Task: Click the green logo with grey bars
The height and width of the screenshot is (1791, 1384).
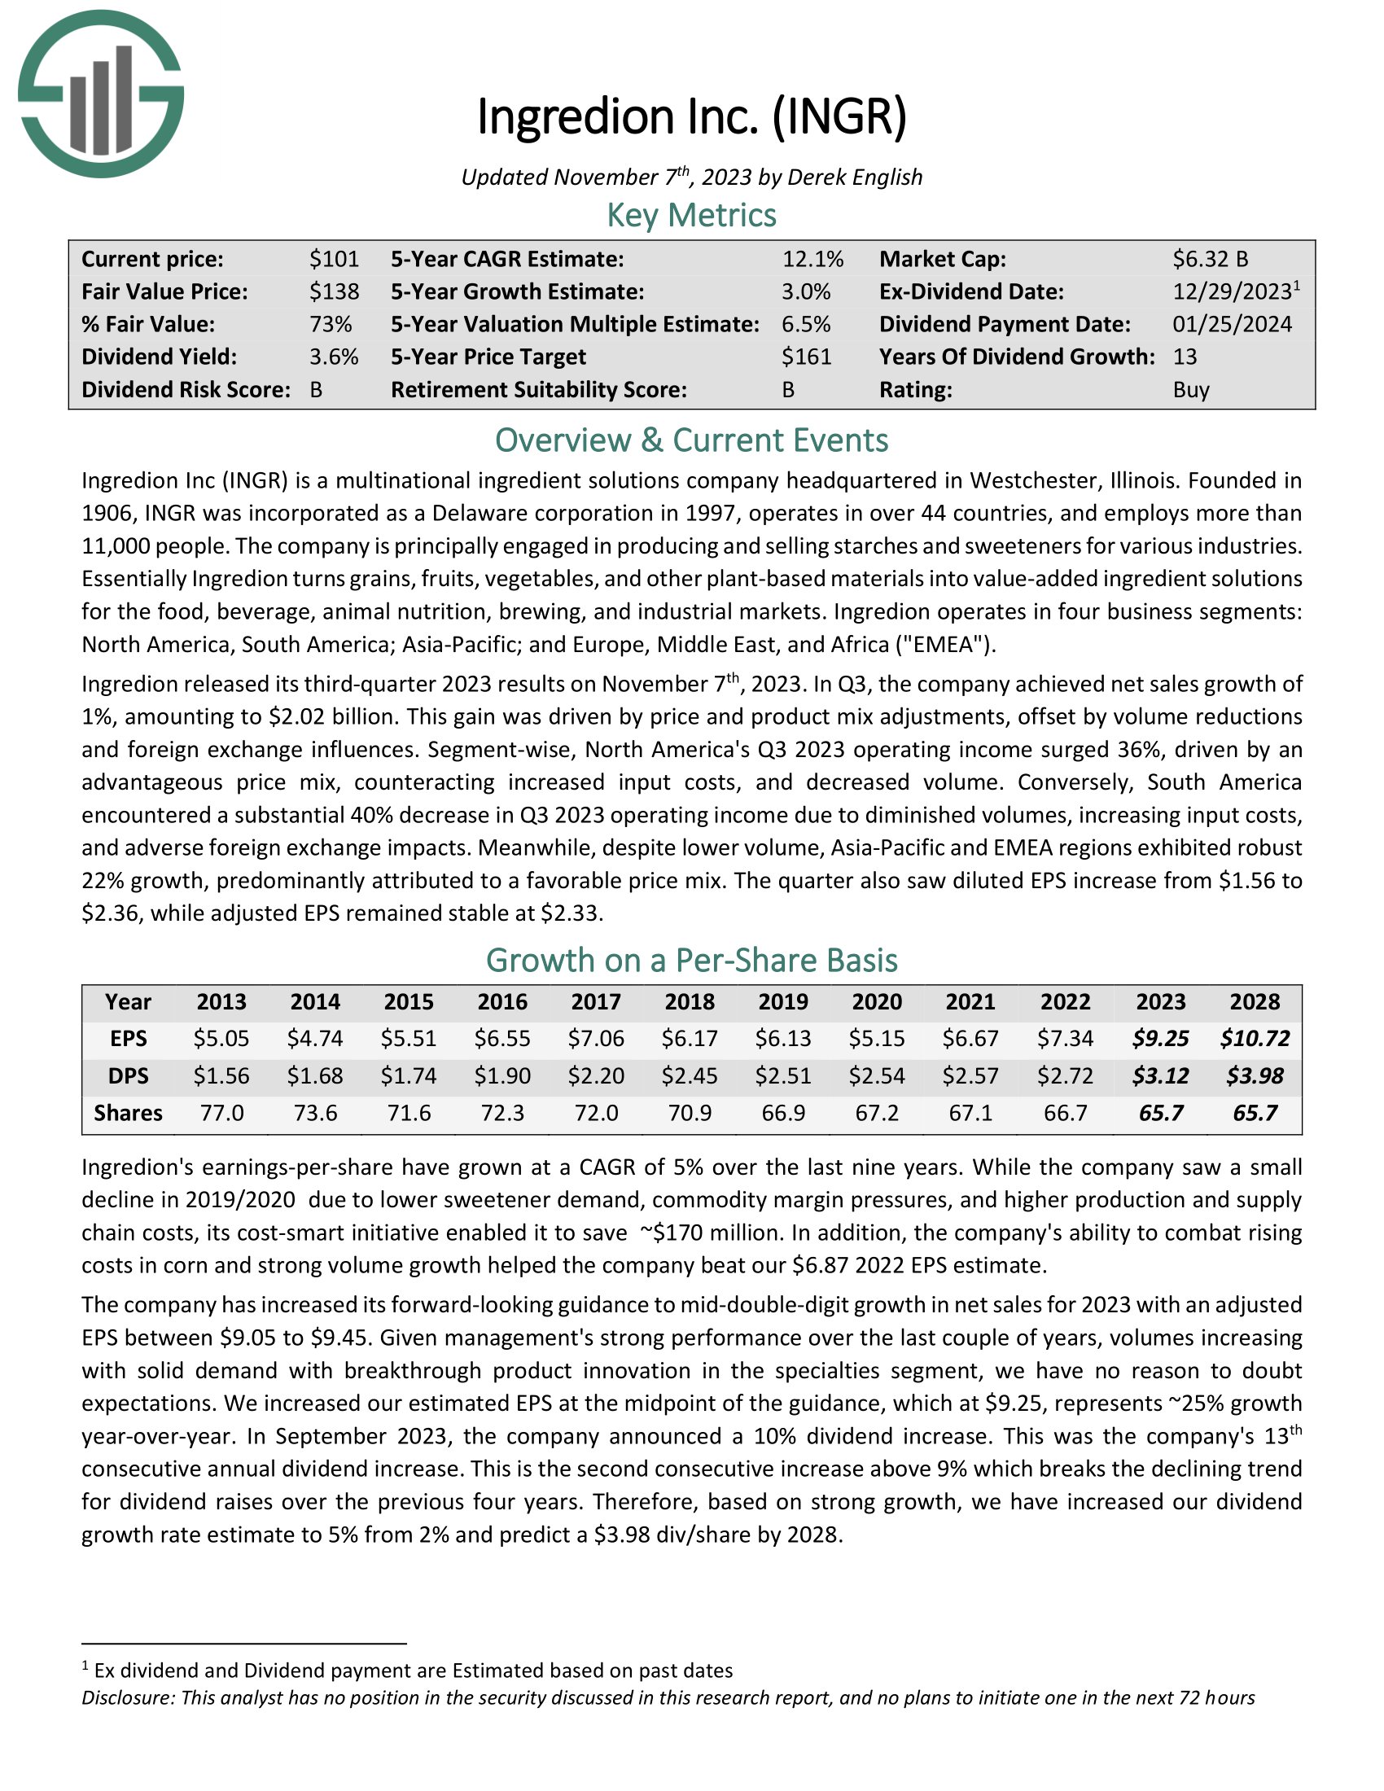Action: tap(100, 94)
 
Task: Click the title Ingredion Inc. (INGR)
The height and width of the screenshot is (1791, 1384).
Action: tap(691, 116)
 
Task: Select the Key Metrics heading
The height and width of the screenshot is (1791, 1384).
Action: tap(691, 216)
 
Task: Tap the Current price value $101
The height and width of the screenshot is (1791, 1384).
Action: tap(334, 259)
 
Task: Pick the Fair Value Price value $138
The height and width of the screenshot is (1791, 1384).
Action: tap(334, 292)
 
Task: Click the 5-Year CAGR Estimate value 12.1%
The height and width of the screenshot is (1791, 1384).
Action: tap(812, 259)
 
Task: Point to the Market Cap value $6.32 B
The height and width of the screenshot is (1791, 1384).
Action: tap(1209, 259)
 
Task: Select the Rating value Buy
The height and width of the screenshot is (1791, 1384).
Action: tap(1190, 389)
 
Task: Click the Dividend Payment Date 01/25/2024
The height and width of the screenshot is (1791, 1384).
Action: tap(1232, 324)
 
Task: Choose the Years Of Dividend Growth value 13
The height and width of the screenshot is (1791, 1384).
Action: tap(1185, 357)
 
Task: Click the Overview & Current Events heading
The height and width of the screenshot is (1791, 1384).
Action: tap(691, 440)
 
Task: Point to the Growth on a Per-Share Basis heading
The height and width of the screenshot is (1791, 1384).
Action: tap(691, 961)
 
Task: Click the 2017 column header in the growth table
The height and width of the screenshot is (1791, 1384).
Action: tap(596, 1002)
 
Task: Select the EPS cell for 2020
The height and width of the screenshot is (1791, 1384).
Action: tap(877, 1039)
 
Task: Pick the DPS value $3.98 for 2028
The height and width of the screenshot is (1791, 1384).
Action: tap(1255, 1076)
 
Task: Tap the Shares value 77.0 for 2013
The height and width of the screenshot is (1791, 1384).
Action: tap(221, 1113)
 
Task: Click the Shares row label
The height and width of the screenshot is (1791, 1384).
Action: tap(128, 1113)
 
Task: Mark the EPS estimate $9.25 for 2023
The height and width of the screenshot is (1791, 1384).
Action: tap(1160, 1039)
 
